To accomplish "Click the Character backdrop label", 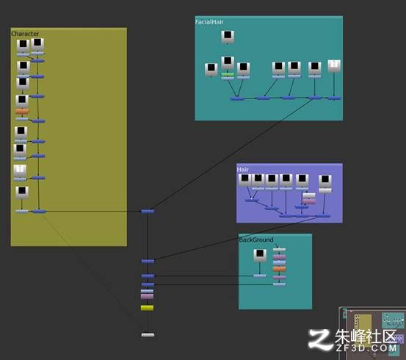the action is click(x=25, y=34).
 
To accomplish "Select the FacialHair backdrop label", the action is click(x=209, y=22).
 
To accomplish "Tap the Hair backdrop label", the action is click(x=242, y=169).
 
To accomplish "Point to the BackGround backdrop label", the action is click(x=256, y=240).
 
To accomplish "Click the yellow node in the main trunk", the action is click(x=147, y=308).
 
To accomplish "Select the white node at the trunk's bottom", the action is click(x=148, y=335).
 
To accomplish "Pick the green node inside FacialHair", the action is click(x=228, y=75).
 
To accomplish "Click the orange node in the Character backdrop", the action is click(x=22, y=112).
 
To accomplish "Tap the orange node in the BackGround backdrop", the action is click(x=279, y=269).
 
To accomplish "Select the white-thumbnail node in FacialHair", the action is click(x=334, y=66).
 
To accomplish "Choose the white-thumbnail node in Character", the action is click(x=20, y=170).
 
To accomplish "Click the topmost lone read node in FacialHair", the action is click(x=228, y=37).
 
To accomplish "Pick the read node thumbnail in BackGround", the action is click(x=260, y=255).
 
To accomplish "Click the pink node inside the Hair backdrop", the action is click(x=309, y=201).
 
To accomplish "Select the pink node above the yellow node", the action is click(x=147, y=296).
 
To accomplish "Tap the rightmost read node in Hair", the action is click(x=325, y=181).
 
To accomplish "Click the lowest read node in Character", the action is click(x=22, y=192).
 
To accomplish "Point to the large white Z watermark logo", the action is click(x=320, y=339).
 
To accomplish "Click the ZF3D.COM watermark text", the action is click(x=366, y=348).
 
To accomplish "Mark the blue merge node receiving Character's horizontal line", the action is click(x=148, y=212).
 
